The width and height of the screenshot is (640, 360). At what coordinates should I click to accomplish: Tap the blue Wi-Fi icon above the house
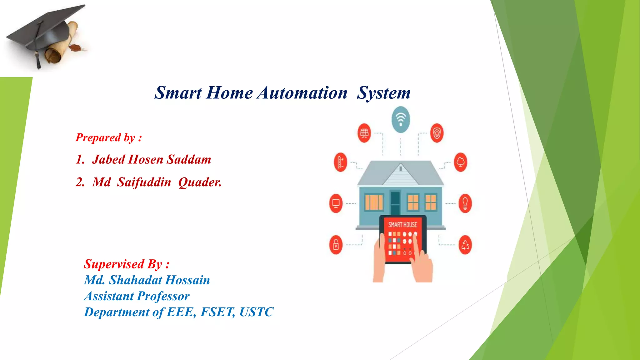pos(401,119)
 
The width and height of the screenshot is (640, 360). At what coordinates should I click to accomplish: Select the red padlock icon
pos(336,245)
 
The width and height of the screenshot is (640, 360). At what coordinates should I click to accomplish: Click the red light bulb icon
pos(465,203)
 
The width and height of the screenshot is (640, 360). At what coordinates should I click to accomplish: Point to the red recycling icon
pos(465,245)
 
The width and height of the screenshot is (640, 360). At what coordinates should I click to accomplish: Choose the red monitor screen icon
pos(336,203)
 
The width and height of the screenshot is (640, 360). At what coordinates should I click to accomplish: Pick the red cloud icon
pos(461,162)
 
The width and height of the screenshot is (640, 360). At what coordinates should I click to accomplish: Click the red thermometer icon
pos(340,162)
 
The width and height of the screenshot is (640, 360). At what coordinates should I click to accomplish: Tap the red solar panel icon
pos(364,133)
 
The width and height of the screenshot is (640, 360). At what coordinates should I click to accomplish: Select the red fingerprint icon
pos(437,133)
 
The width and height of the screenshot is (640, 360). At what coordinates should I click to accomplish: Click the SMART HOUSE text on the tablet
pos(402,225)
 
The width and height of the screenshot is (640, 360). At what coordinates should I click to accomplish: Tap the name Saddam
pos(189,160)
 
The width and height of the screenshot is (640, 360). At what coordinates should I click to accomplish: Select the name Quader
pos(200,182)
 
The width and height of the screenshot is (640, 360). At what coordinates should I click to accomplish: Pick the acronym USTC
pos(256,312)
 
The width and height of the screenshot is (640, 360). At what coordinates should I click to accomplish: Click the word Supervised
pos(114,264)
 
